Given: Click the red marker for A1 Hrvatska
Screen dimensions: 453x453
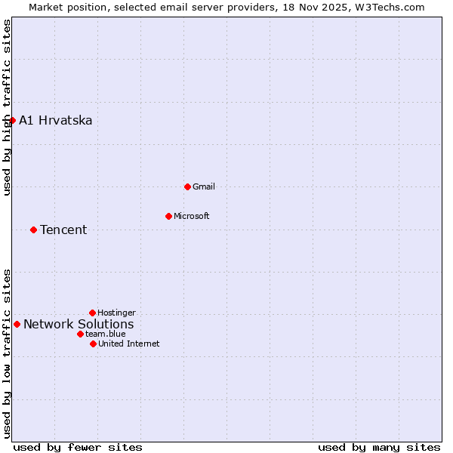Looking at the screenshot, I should pos(12,120).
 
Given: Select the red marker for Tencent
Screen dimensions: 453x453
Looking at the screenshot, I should pos(33,230).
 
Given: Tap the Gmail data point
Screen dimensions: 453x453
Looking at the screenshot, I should pos(187,186).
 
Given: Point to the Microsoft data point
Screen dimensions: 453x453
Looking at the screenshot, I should pos(168,216).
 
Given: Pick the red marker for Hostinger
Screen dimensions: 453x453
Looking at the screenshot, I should pos(92,313).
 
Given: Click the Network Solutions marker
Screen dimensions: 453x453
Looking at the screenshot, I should pos(17,324).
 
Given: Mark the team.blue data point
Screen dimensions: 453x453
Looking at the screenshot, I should pos(80,334).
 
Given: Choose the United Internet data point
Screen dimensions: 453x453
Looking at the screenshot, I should pos(93,344).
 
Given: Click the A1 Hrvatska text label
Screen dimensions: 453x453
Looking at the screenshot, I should pos(55,121).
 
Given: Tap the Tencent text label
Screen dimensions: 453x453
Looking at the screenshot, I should pos(63,230).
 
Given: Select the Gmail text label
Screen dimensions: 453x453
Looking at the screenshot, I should pos(204,186).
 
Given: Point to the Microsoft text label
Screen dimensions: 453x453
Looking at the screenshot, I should pos(192,216).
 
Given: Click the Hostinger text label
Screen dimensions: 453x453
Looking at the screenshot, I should pos(116,313).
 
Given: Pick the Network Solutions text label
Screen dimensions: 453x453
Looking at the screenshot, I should pos(79,325).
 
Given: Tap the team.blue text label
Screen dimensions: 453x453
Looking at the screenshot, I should pos(105,334).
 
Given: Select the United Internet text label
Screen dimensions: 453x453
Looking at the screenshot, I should pos(128,344).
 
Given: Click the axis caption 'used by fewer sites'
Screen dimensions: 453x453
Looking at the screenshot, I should pos(78,447).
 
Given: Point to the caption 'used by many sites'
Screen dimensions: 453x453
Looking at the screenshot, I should pos(379,447).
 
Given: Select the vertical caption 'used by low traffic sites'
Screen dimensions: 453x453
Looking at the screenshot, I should pos(7,353).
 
